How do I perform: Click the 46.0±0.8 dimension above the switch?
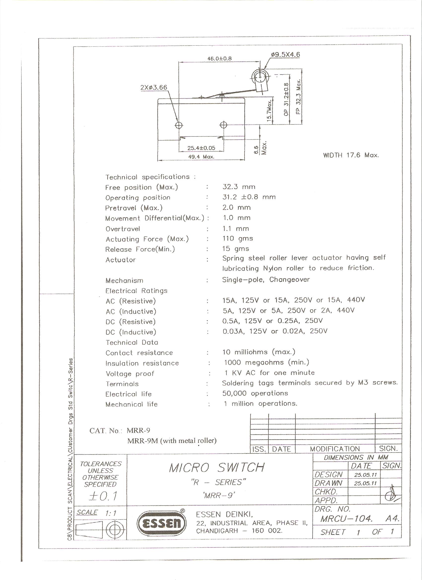click(219, 58)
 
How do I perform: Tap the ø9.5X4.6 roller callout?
click(285, 55)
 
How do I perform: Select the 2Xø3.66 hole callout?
click(154, 88)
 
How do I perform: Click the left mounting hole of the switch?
click(179, 125)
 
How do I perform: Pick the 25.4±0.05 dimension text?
click(201, 148)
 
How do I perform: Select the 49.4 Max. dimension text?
click(201, 157)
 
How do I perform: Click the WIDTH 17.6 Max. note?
click(351, 155)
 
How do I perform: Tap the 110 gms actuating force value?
click(238, 239)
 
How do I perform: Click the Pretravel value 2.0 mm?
click(237, 207)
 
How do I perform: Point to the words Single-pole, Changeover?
click(266, 280)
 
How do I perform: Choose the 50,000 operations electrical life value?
click(255, 393)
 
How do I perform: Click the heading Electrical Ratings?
click(136, 291)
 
